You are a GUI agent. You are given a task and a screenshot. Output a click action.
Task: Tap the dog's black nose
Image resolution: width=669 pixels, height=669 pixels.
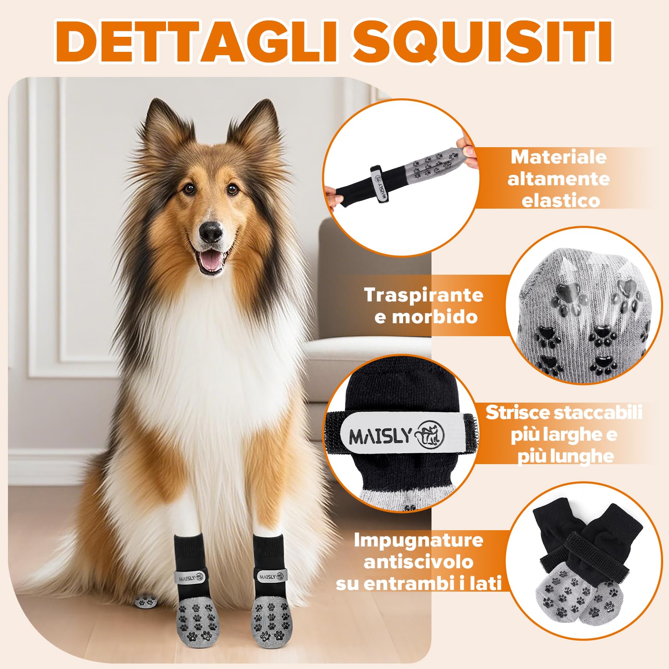coord(211,231)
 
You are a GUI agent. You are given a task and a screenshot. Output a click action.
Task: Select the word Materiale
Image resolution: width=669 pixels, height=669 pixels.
coord(559,158)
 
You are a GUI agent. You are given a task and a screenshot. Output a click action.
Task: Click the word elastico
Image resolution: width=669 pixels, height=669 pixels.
coord(561,201)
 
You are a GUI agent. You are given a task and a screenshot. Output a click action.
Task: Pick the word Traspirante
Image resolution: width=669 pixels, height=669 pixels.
coord(424,295)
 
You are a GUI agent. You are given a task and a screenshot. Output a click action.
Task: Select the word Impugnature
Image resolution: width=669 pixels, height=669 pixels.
coord(419,540)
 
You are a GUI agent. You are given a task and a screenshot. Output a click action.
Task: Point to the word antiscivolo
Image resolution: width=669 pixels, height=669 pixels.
coord(419,562)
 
